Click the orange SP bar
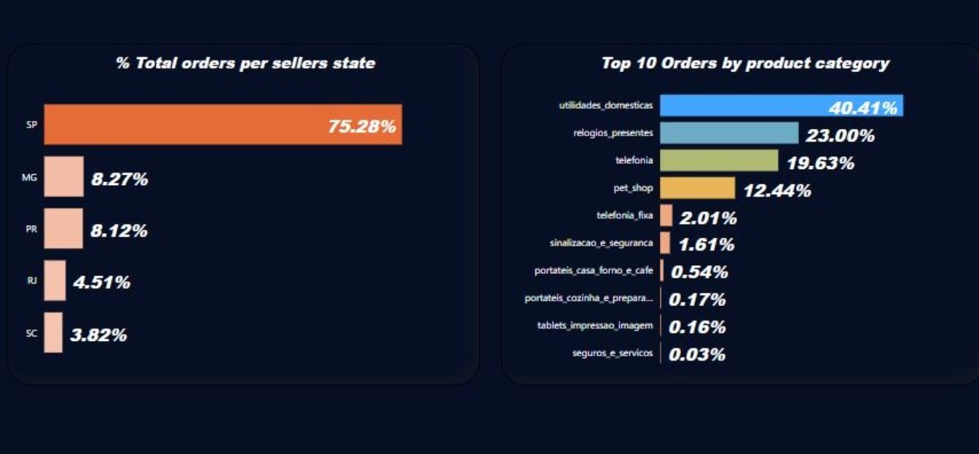pos(223,124)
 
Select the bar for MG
pos(64,176)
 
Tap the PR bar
pos(63,228)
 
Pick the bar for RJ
pos(55,281)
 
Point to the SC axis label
pos(31,333)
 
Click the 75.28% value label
pos(362,126)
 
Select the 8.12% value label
pos(119,230)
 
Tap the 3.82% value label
pos(98,335)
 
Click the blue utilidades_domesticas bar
pos(782,106)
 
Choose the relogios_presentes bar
pos(729,133)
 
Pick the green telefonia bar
pos(719,160)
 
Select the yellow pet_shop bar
pos(698,188)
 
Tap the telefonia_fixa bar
pos(666,215)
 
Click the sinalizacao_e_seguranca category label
pos(602,243)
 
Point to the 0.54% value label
pos(699,272)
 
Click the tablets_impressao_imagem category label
pos(595,326)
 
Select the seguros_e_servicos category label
pos(613,353)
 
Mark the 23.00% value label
pos(840,136)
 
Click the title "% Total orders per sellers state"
pos(245,63)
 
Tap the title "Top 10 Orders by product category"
pos(745,63)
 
